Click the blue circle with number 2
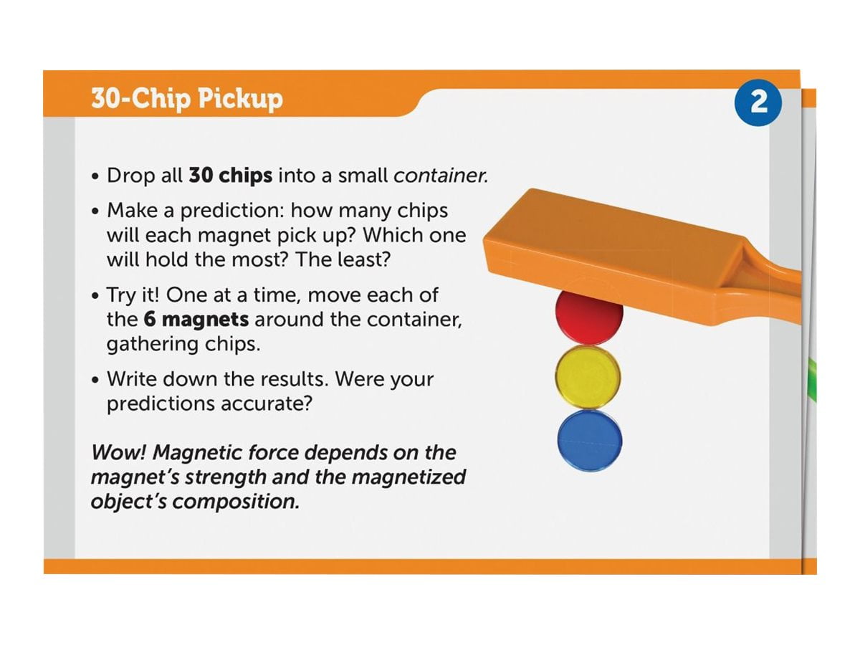(x=758, y=102)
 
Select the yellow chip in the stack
(x=588, y=377)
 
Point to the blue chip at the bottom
(x=590, y=441)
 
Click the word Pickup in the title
(x=240, y=99)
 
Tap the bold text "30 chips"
(x=230, y=175)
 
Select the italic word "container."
(x=441, y=176)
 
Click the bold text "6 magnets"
(x=196, y=319)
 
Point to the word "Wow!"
(x=118, y=452)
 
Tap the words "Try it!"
(x=133, y=295)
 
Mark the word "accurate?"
(x=267, y=403)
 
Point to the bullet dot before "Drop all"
(x=95, y=176)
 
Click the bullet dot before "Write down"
(x=95, y=380)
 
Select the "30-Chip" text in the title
(x=141, y=98)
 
